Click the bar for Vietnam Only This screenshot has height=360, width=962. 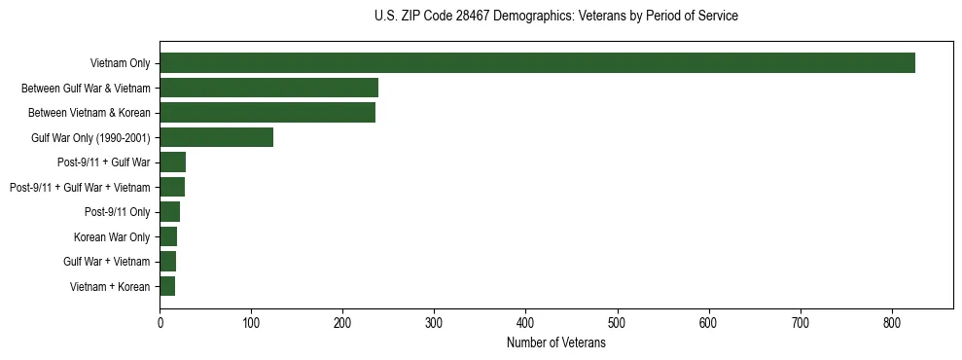[537, 63]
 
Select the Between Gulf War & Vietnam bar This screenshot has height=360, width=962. [268, 89]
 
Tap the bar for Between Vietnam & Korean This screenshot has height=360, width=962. [267, 113]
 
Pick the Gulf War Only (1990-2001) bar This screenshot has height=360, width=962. [216, 138]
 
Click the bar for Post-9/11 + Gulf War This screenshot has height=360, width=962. [172, 162]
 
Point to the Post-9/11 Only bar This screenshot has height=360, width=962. [169, 212]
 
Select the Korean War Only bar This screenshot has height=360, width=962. [168, 237]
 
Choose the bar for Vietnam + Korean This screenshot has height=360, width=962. [167, 287]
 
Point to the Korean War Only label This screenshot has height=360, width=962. [112, 237]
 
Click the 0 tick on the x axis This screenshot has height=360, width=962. [160, 323]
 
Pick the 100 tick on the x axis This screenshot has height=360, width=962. [251, 323]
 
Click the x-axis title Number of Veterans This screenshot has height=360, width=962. [555, 343]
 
